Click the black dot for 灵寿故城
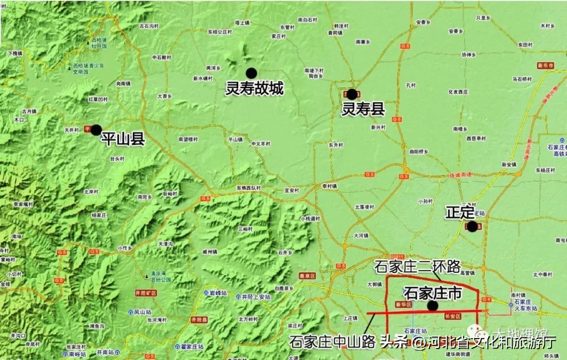(x=251, y=73)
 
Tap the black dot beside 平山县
(x=96, y=130)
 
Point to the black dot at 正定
(x=472, y=226)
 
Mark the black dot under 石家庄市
(x=433, y=305)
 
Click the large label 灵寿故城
(x=254, y=89)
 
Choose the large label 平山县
(x=123, y=138)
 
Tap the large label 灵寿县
(x=363, y=110)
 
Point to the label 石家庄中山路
(x=332, y=342)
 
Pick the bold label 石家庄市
(x=433, y=293)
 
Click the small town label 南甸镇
(x=122, y=83)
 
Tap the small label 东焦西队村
(x=249, y=187)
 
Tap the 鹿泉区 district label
(x=306, y=275)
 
